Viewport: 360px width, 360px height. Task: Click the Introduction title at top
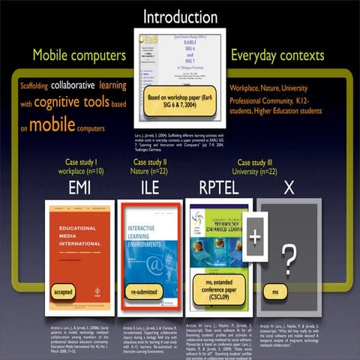tap(180, 16)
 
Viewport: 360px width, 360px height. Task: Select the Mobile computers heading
tap(79, 55)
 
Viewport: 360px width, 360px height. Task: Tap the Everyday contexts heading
tap(280, 55)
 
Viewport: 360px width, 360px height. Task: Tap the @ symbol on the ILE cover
tap(155, 262)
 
